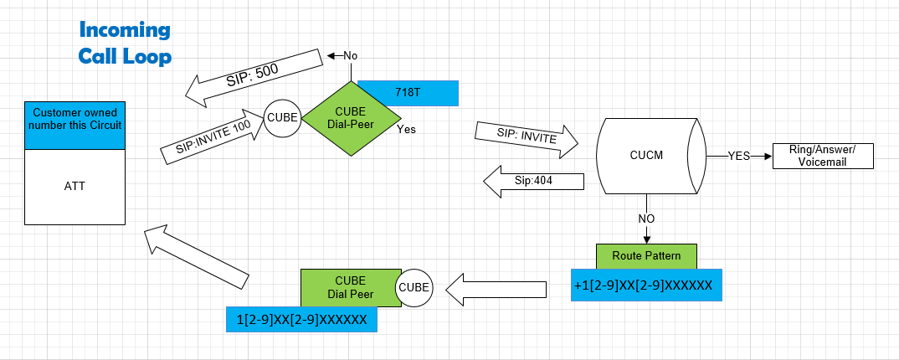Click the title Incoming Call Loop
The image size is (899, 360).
125,44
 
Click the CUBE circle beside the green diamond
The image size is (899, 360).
282,118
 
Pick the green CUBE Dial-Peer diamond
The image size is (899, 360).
349,118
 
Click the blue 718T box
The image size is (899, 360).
408,93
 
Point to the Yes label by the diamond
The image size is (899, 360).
406,130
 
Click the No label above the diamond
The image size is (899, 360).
350,55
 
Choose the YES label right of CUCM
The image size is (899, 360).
739,156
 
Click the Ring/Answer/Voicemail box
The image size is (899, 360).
823,156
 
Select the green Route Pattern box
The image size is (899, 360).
645,255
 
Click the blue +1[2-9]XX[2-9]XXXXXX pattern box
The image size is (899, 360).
644,285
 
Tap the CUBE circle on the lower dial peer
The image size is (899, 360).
414,286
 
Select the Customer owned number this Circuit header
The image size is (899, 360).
74,119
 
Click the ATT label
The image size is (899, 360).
74,186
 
